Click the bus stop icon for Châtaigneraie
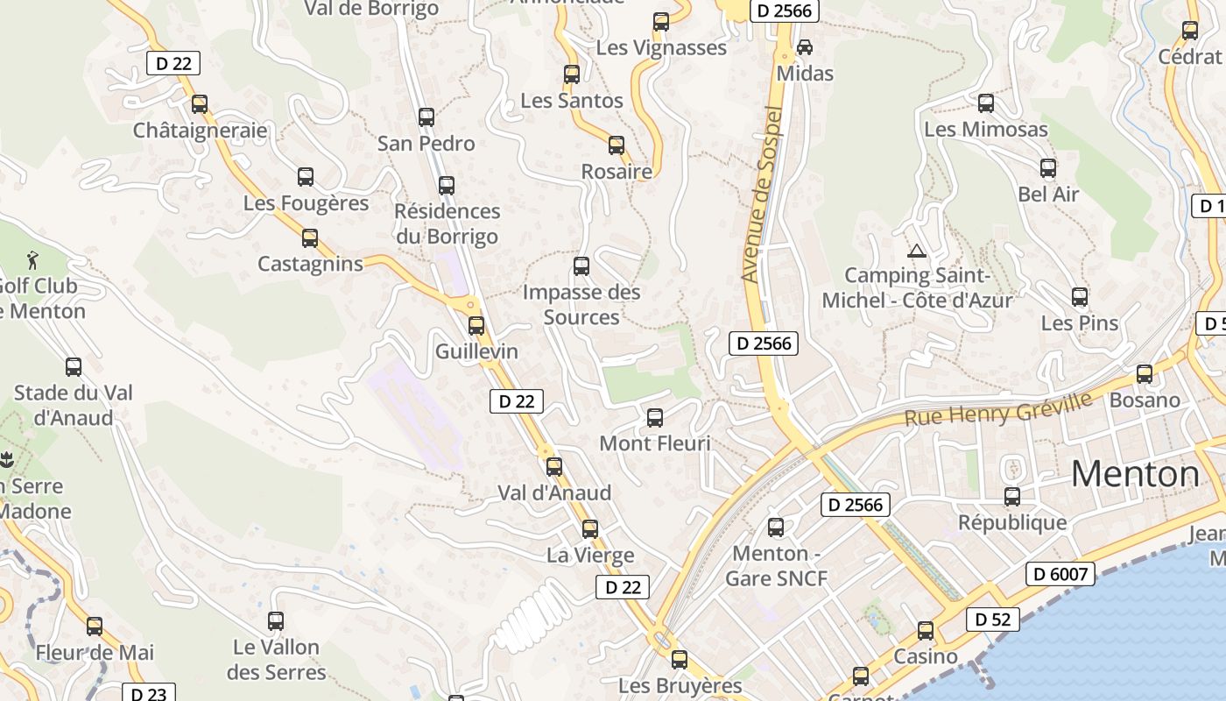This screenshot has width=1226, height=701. (x=200, y=104)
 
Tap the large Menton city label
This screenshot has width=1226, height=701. (x=1136, y=474)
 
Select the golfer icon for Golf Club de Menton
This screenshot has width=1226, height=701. (x=33, y=259)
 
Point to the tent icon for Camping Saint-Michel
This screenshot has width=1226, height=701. (x=917, y=251)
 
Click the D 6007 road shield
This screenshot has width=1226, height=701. (x=1060, y=574)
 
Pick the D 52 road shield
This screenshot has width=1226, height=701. (x=993, y=620)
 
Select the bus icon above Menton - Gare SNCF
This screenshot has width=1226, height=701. (x=776, y=528)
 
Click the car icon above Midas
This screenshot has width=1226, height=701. (x=805, y=46)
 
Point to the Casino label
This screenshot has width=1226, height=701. (x=926, y=656)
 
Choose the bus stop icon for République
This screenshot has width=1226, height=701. (x=1012, y=497)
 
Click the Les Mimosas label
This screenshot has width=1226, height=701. (x=986, y=130)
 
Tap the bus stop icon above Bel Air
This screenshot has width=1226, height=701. (x=1048, y=168)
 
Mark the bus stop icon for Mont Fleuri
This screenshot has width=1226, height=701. (x=655, y=418)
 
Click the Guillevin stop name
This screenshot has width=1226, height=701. (x=477, y=351)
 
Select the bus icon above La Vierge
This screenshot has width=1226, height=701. (x=590, y=529)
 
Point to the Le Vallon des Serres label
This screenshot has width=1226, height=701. (x=276, y=660)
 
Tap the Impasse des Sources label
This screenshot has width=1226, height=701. (x=581, y=304)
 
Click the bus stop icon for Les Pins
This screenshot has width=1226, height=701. (x=1080, y=297)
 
